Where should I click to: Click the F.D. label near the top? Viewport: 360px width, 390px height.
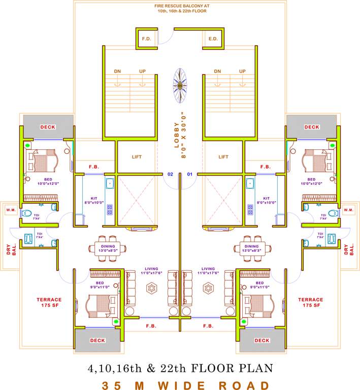click(147, 39)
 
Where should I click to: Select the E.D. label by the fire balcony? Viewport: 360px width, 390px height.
click(213, 39)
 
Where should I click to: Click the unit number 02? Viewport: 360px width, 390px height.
click(171, 174)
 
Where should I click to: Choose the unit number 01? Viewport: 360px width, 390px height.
click(190, 174)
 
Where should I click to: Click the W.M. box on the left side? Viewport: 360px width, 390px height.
click(11, 210)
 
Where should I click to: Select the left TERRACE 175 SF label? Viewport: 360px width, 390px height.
click(49, 303)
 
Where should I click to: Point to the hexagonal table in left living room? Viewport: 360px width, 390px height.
click(152, 288)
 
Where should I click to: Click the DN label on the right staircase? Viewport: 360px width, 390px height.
click(217, 72)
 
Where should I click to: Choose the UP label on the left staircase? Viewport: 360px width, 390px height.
click(143, 72)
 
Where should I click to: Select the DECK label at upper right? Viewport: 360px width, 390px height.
click(312, 127)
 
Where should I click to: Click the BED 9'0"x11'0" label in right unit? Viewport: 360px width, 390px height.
click(260, 285)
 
